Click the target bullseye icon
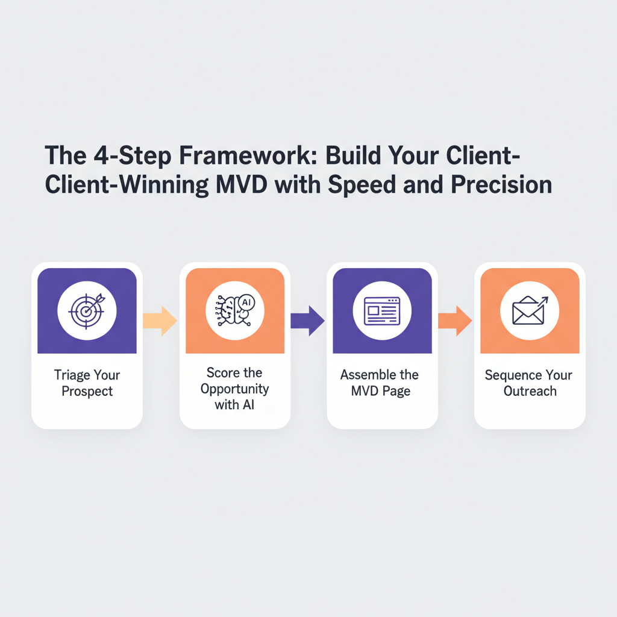[x=87, y=310]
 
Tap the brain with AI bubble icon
[x=234, y=310]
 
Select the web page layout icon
[x=382, y=310]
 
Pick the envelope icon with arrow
[x=530, y=310]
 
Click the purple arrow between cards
[x=308, y=321]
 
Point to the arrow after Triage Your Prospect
[x=160, y=321]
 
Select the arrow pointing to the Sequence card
[x=455, y=321]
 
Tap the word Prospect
[x=87, y=392]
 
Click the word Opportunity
[x=234, y=389]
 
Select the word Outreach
[x=530, y=392]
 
